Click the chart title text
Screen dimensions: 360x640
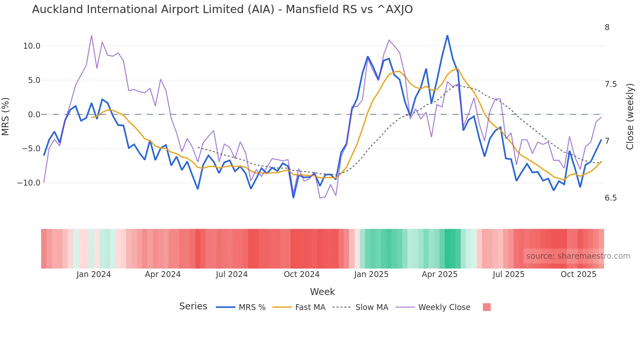point(222,9)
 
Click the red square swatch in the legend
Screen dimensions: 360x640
point(487,307)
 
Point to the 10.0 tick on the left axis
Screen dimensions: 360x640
point(32,46)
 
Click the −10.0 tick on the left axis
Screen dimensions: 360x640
point(29,183)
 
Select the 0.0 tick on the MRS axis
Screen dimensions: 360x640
point(34,115)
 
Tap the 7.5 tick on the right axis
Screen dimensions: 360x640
point(611,84)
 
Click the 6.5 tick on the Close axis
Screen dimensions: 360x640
point(611,198)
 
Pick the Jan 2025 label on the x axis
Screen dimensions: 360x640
point(371,274)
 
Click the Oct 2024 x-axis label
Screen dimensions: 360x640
point(301,274)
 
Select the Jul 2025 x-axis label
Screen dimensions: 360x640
point(508,274)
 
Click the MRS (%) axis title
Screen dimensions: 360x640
point(6,116)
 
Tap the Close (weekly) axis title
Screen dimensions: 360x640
point(630,116)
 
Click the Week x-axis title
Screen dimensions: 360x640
point(322,292)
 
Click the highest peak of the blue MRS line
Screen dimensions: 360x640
point(447,35)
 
